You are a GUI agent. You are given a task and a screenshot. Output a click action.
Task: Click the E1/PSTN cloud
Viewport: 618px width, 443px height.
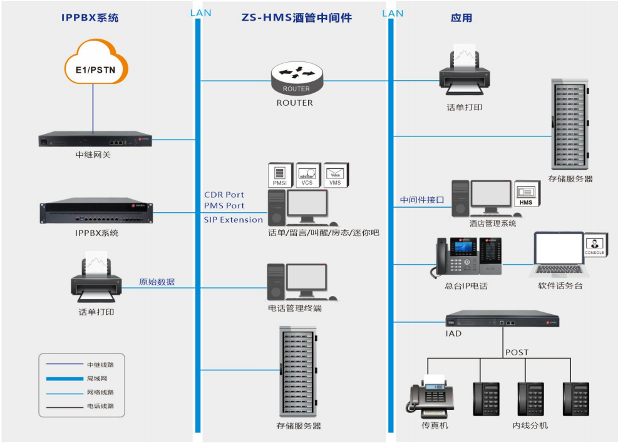click(95, 62)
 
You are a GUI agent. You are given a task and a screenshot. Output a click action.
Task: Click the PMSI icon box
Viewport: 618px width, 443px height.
click(280, 175)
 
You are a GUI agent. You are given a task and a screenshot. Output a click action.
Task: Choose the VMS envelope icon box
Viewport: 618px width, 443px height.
click(336, 175)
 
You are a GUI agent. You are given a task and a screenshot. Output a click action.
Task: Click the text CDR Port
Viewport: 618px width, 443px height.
click(224, 195)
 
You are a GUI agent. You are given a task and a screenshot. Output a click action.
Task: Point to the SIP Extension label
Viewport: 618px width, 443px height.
click(233, 220)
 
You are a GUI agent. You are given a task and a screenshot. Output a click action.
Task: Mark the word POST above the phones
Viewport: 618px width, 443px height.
click(517, 352)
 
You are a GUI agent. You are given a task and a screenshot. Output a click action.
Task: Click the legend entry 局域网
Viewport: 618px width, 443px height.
click(95, 378)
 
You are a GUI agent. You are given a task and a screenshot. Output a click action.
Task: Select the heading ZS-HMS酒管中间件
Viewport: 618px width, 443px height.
click(296, 18)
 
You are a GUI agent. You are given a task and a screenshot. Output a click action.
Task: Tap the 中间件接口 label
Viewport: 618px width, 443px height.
click(422, 200)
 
